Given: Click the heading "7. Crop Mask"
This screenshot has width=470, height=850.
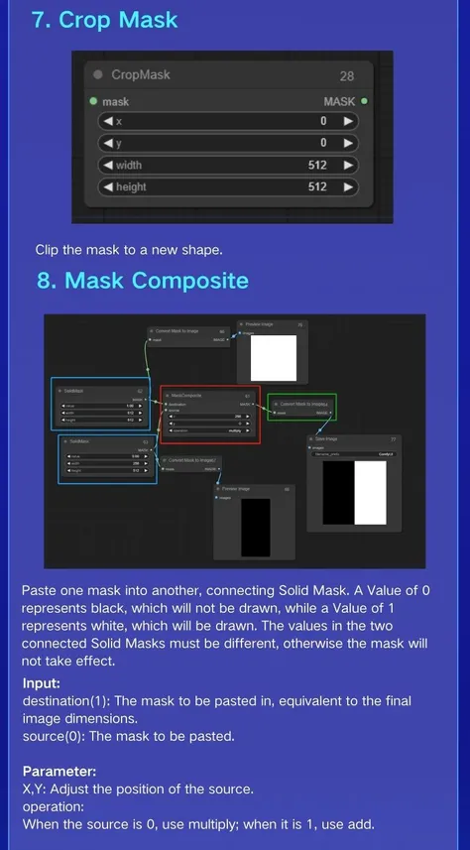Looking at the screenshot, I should click(x=104, y=19).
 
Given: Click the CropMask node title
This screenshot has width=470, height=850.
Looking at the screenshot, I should click(x=141, y=75).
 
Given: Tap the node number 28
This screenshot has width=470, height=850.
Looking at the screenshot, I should click(x=346, y=75).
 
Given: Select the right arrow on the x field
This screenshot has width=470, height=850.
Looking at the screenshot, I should click(x=348, y=121).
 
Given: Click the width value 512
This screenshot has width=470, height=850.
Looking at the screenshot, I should click(x=317, y=165).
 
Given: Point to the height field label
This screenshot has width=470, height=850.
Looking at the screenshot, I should click(x=131, y=186).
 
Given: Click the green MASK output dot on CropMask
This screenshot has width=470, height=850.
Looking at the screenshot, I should click(x=364, y=101).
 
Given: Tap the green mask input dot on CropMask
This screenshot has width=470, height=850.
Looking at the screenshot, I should click(x=93, y=101).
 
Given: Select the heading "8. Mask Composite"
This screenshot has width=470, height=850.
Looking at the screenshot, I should click(x=143, y=281).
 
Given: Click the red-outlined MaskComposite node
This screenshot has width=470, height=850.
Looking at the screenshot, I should click(x=209, y=415).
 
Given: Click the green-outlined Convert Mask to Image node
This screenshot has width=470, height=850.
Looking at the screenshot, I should click(x=302, y=408).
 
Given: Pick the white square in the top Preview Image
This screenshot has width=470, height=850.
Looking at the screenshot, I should click(x=274, y=357).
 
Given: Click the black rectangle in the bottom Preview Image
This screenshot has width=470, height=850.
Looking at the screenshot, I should click(x=256, y=527).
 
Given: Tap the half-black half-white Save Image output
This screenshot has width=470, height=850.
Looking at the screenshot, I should click(x=355, y=493).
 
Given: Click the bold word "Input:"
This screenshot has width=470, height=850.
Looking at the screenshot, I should click(x=42, y=683).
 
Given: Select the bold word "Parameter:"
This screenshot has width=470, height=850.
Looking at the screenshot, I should click(x=59, y=771).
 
